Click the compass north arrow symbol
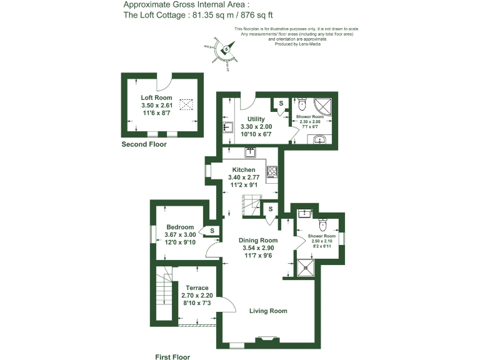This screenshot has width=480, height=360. coord(223,49)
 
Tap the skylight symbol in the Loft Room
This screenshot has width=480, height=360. coord(187,103)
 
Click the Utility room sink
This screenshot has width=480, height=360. coord(227,127)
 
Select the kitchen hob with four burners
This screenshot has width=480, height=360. coord(272,171)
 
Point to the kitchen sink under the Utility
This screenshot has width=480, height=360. coord(251,152)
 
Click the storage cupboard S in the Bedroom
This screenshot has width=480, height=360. coord(212,231)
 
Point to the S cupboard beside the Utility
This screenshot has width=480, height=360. coord(281,102)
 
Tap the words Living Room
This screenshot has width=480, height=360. coord(268,311)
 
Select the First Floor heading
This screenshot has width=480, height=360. coord(172,357)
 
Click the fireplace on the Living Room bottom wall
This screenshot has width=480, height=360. coord(266,340)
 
